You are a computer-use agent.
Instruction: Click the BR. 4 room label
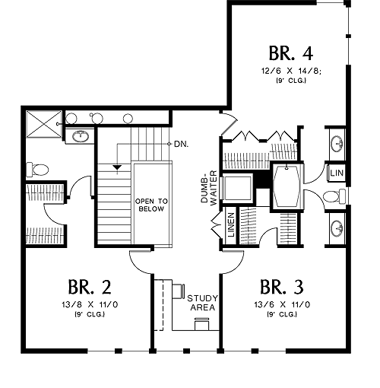(x=291, y=53)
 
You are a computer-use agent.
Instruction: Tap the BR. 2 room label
(x=90, y=287)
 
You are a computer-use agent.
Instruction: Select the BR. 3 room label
(x=282, y=287)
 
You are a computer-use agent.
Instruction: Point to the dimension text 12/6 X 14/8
(x=291, y=71)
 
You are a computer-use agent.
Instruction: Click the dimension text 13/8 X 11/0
(x=90, y=304)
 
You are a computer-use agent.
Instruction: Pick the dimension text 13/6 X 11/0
(x=282, y=304)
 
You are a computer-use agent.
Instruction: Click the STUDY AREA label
(x=202, y=303)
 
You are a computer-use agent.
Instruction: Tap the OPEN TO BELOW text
(x=151, y=205)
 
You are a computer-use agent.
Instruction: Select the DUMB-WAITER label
(x=209, y=188)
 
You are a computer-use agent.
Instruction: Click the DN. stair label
(x=182, y=145)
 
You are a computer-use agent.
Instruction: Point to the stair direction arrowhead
(x=117, y=167)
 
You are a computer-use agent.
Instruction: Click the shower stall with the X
(x=44, y=124)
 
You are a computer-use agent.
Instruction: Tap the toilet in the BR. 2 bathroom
(x=37, y=170)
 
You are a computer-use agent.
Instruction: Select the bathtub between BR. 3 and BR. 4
(x=287, y=186)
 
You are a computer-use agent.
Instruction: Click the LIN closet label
(x=337, y=173)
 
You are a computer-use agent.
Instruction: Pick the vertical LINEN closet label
(x=231, y=225)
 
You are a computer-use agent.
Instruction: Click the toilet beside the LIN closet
(x=334, y=196)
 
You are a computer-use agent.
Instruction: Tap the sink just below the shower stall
(x=81, y=136)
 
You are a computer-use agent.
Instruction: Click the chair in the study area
(x=202, y=324)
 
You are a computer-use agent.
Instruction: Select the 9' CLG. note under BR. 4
(x=291, y=81)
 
